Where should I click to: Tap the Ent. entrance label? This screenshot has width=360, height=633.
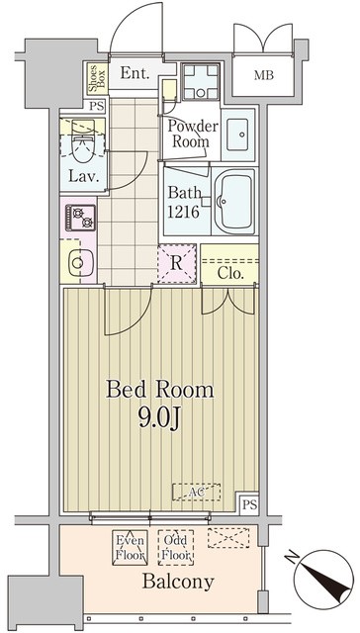pos(135,73)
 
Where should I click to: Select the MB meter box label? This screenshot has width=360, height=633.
pos(264,75)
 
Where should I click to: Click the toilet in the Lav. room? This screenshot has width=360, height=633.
pos(83,140)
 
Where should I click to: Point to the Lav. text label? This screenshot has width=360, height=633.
pos(83,176)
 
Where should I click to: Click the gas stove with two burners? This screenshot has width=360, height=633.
pos(81,218)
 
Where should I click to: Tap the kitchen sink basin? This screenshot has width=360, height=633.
pos(81,263)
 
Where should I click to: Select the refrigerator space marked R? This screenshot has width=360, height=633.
pos(177,263)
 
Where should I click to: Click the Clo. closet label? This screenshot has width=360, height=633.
pos(230,274)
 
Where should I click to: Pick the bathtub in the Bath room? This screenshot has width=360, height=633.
pos(234,202)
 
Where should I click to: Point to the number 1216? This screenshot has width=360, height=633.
pos(184,212)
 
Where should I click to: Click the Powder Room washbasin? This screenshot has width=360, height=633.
pos(238,135)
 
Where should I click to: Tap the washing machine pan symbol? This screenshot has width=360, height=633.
pos(201,82)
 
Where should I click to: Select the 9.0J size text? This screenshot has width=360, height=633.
pos(159,419)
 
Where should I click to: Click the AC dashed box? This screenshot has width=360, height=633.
pos(197,492)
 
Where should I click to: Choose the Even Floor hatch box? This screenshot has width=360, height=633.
pos(130,547)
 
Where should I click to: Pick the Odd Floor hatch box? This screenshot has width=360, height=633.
pos(176,547)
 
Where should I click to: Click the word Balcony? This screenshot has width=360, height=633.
pos(178,582)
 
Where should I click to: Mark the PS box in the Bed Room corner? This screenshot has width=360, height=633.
pos(249,503)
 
